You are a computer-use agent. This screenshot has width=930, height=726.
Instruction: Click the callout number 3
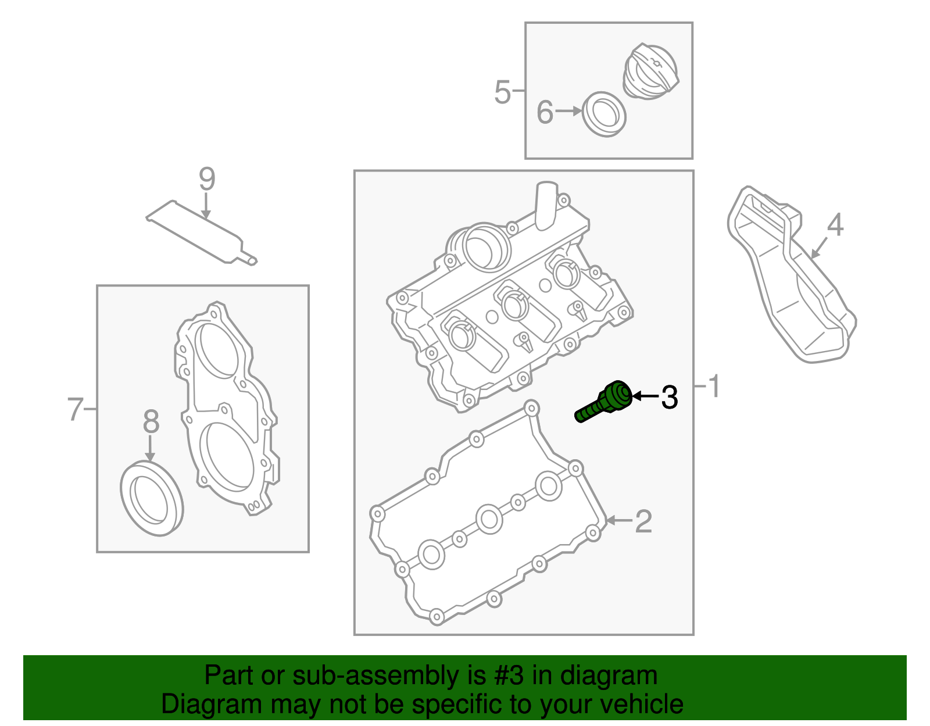(x=670, y=398)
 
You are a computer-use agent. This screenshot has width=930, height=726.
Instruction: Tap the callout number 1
(x=714, y=387)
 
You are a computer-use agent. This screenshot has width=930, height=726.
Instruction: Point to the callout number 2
(x=643, y=521)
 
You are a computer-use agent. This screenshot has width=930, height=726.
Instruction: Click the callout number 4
(x=835, y=225)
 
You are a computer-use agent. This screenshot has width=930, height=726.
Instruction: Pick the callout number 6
(x=544, y=112)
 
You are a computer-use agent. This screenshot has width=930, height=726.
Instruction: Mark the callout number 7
(x=75, y=409)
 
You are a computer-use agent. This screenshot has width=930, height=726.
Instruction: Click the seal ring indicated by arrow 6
(x=604, y=115)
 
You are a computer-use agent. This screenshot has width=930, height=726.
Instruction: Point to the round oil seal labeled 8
(x=152, y=498)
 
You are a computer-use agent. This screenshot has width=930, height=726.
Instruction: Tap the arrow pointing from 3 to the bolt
(x=645, y=396)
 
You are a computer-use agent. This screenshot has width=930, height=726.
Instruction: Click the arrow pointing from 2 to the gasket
(x=618, y=521)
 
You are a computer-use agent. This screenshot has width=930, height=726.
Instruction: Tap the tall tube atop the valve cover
(x=547, y=206)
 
